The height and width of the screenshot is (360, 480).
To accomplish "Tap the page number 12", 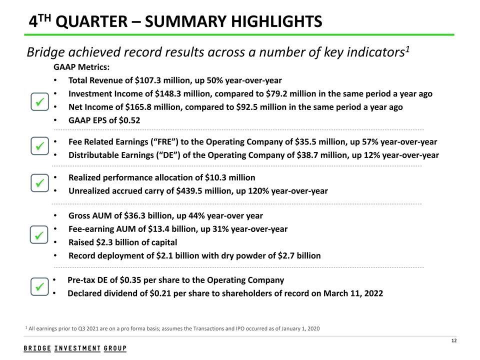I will coord(453,341).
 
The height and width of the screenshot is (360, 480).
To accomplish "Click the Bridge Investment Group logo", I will coord(75,348).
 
